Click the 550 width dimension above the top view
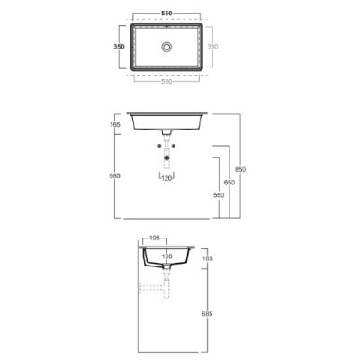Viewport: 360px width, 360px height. (x=166, y=13)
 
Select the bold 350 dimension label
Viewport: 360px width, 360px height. (x=119, y=47)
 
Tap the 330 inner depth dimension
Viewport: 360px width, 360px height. (x=212, y=47)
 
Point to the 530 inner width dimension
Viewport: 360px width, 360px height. (x=166, y=82)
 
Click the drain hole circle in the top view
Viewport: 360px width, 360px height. (x=166, y=47)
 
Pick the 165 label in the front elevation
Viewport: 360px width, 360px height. (x=115, y=124)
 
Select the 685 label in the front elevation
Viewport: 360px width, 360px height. (x=115, y=175)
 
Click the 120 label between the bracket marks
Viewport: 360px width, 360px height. (x=166, y=178)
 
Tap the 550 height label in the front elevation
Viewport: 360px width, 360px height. (x=219, y=195)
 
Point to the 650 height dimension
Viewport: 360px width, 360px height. (x=229, y=183)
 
